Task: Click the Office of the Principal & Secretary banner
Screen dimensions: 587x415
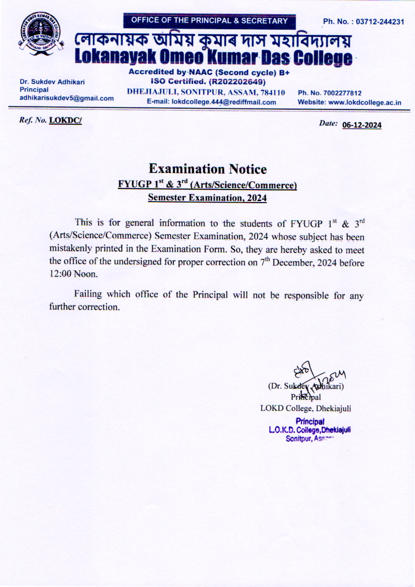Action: (210, 21)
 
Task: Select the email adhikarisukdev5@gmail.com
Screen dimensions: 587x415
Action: (66, 98)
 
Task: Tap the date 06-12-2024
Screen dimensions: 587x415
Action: (361, 126)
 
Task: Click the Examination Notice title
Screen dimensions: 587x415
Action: (207, 169)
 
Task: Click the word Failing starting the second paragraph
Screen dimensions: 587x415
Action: (87, 295)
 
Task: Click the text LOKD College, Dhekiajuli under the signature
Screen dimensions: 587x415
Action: (305, 408)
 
